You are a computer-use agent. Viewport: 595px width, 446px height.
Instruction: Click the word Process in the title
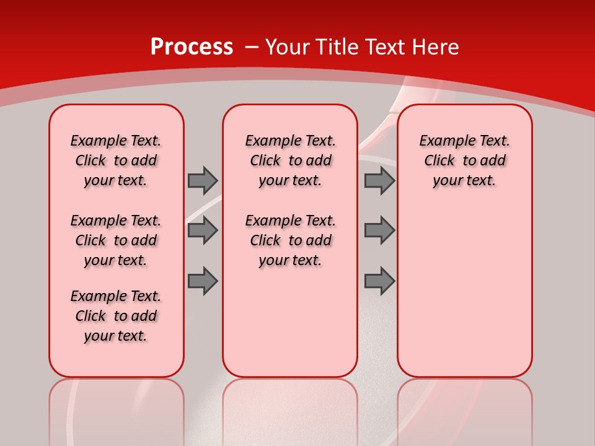click(x=192, y=47)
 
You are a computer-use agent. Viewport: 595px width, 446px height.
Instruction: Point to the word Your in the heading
click(x=288, y=47)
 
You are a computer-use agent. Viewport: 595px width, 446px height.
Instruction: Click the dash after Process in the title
click(x=252, y=48)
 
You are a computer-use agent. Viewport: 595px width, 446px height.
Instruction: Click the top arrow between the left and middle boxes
click(x=203, y=180)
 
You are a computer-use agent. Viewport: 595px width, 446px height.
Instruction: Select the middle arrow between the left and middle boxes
click(x=203, y=230)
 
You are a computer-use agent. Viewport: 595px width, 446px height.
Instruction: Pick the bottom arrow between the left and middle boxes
click(x=203, y=281)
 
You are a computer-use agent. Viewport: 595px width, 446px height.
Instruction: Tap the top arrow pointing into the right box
click(x=379, y=180)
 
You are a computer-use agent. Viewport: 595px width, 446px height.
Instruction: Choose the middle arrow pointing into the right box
click(x=379, y=230)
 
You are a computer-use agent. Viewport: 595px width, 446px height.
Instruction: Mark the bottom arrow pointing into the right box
click(x=379, y=281)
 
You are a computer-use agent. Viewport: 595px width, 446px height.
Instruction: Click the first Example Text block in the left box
click(x=116, y=160)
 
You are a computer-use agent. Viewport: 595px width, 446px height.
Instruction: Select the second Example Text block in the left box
click(x=116, y=240)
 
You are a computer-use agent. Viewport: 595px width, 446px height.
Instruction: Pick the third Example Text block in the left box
click(x=116, y=316)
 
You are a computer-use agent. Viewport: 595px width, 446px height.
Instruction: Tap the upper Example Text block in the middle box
click(x=290, y=160)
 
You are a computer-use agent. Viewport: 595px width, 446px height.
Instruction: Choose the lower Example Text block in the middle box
click(x=290, y=240)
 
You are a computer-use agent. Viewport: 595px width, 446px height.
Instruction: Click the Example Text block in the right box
click(x=464, y=160)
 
